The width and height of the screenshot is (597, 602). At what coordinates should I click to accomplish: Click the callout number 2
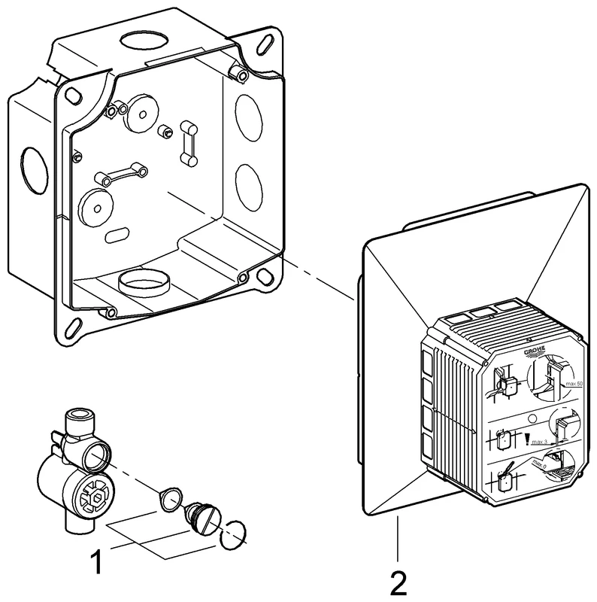399,581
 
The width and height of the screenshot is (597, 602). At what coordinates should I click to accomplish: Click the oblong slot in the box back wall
117,236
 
